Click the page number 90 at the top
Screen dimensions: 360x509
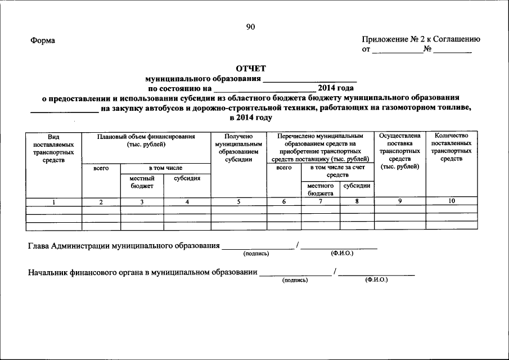pyautogui.click(x=250, y=28)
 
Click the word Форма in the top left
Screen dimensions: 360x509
pyautogui.click(x=43, y=40)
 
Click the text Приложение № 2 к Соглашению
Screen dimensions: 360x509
pyautogui.click(x=421, y=39)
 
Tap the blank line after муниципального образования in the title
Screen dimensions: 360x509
pyautogui.click(x=309, y=79)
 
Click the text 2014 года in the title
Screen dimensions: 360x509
pyautogui.click(x=335, y=88)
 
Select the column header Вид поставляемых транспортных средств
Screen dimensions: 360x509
pyautogui.click(x=53, y=148)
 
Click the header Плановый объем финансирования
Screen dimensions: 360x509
pyautogui.click(x=146, y=140)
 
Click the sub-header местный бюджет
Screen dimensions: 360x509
pyautogui.click(x=142, y=182)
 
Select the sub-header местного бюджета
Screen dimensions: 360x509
pyautogui.click(x=321, y=189)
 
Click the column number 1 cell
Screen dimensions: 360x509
pyautogui.click(x=53, y=201)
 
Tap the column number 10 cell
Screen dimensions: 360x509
pyautogui.click(x=452, y=201)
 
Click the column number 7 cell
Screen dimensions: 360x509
pyautogui.click(x=321, y=201)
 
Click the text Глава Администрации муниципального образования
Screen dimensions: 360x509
pyautogui.click(x=124, y=246)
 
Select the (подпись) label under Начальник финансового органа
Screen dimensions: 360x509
pyautogui.click(x=295, y=279)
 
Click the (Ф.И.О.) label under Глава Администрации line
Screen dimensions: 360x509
pyautogui.click(x=342, y=253)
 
